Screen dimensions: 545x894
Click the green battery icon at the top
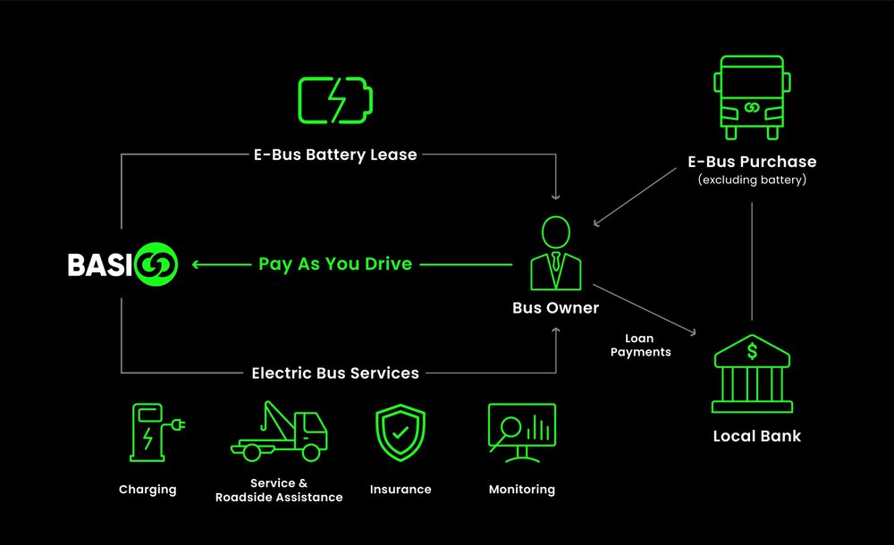333,99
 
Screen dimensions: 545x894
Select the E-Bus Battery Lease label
335,155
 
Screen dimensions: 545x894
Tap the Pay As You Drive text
335,264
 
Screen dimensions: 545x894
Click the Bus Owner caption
555,308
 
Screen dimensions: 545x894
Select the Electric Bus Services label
335,373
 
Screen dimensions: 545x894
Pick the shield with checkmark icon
401,432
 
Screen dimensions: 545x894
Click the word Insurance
401,490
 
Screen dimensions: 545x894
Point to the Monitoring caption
522,490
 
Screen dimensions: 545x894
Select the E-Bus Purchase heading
752,162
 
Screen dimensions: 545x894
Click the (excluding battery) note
752,180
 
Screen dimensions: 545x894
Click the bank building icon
752,375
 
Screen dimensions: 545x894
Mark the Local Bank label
756,436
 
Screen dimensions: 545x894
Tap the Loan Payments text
640,346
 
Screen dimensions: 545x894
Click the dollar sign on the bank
752,351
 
